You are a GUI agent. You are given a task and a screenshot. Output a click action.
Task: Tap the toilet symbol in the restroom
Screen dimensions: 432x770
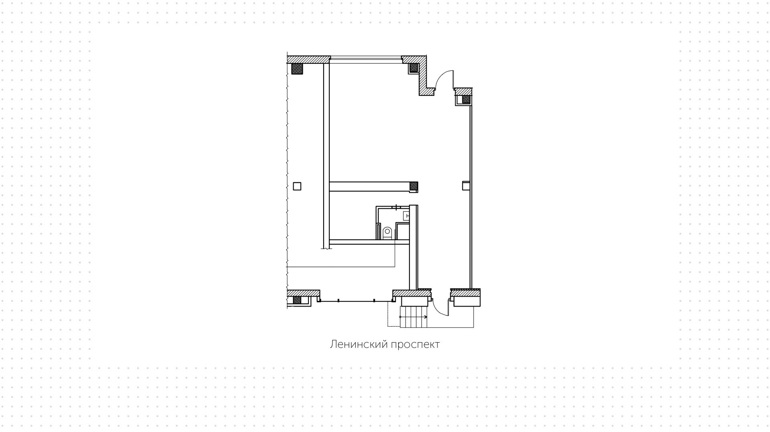tap(387, 233)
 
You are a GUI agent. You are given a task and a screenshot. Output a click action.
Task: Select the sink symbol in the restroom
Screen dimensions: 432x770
tap(406, 216)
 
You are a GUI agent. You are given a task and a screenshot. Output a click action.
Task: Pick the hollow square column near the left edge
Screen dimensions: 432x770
tap(297, 186)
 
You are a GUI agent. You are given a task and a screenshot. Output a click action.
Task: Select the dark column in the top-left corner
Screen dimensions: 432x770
tap(297, 69)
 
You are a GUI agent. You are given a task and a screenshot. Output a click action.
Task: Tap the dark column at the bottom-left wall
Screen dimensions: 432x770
tap(297, 300)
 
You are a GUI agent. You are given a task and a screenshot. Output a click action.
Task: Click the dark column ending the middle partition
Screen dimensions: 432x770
tap(413, 186)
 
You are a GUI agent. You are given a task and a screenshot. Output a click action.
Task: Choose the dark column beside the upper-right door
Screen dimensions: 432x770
tap(466, 99)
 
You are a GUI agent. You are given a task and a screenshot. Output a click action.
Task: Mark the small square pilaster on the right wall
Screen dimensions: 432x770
tap(466, 186)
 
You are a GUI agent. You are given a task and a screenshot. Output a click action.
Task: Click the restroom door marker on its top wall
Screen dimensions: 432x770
tap(396, 207)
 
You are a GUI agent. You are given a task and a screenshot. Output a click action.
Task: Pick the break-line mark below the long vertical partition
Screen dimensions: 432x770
tap(327, 248)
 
